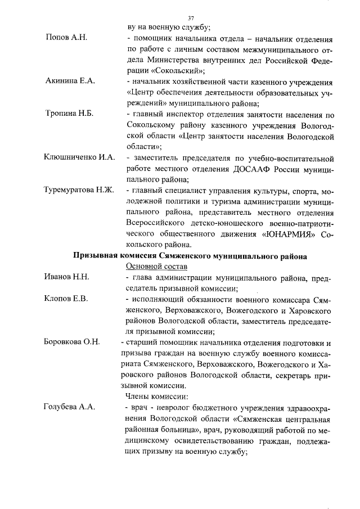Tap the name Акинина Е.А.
(x=70, y=81)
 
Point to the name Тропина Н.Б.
(x=69, y=113)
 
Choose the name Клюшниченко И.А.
(x=79, y=157)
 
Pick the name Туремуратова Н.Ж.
(x=79, y=190)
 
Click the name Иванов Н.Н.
(x=67, y=277)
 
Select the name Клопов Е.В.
(x=66, y=298)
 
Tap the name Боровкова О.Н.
(x=72, y=342)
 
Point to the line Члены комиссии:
(x=153, y=397)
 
